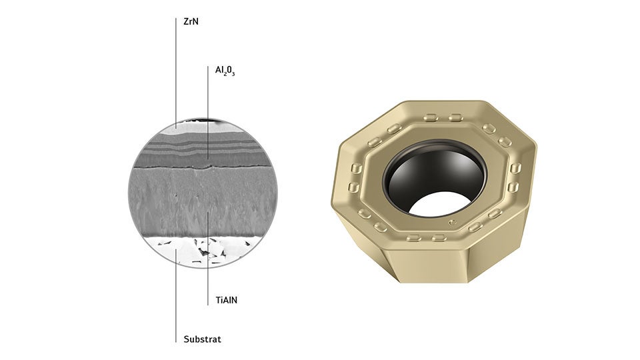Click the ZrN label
(191, 21)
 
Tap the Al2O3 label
(225, 71)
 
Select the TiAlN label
(227, 300)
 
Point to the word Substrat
(203, 339)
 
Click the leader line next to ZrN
(176, 73)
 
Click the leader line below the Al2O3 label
(208, 113)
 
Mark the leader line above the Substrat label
(176, 295)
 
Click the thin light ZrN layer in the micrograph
(192, 129)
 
